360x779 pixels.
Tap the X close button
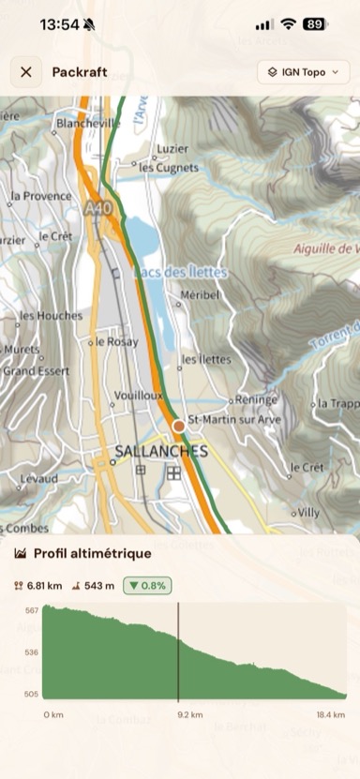(x=25, y=72)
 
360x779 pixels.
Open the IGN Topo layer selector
(x=303, y=72)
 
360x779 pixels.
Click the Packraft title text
(x=79, y=72)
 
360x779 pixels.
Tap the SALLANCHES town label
(x=160, y=451)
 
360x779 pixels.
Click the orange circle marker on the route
(x=179, y=427)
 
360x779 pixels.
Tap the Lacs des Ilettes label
(x=179, y=272)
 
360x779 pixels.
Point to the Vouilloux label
(x=138, y=396)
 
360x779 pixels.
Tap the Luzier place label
(x=172, y=148)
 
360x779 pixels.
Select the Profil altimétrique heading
(x=92, y=554)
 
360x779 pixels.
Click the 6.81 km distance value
(x=44, y=586)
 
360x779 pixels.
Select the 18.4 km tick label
(x=330, y=714)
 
